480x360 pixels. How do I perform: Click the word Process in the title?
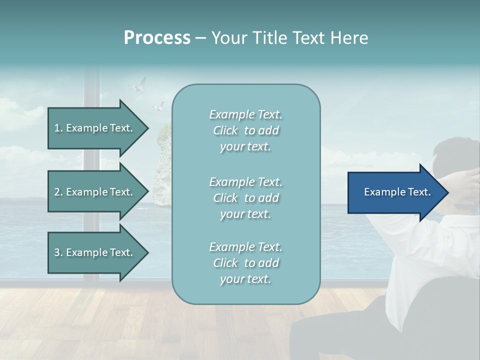[157, 38]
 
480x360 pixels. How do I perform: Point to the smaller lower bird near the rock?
[158, 106]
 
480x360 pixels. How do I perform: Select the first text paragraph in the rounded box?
[245, 130]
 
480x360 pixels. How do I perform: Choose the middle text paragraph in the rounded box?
[245, 198]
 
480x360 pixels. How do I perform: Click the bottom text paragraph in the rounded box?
[245, 263]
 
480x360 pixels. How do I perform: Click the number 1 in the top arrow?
[57, 128]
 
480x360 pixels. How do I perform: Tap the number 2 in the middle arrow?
[57, 192]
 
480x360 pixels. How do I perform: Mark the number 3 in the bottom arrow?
[57, 252]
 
